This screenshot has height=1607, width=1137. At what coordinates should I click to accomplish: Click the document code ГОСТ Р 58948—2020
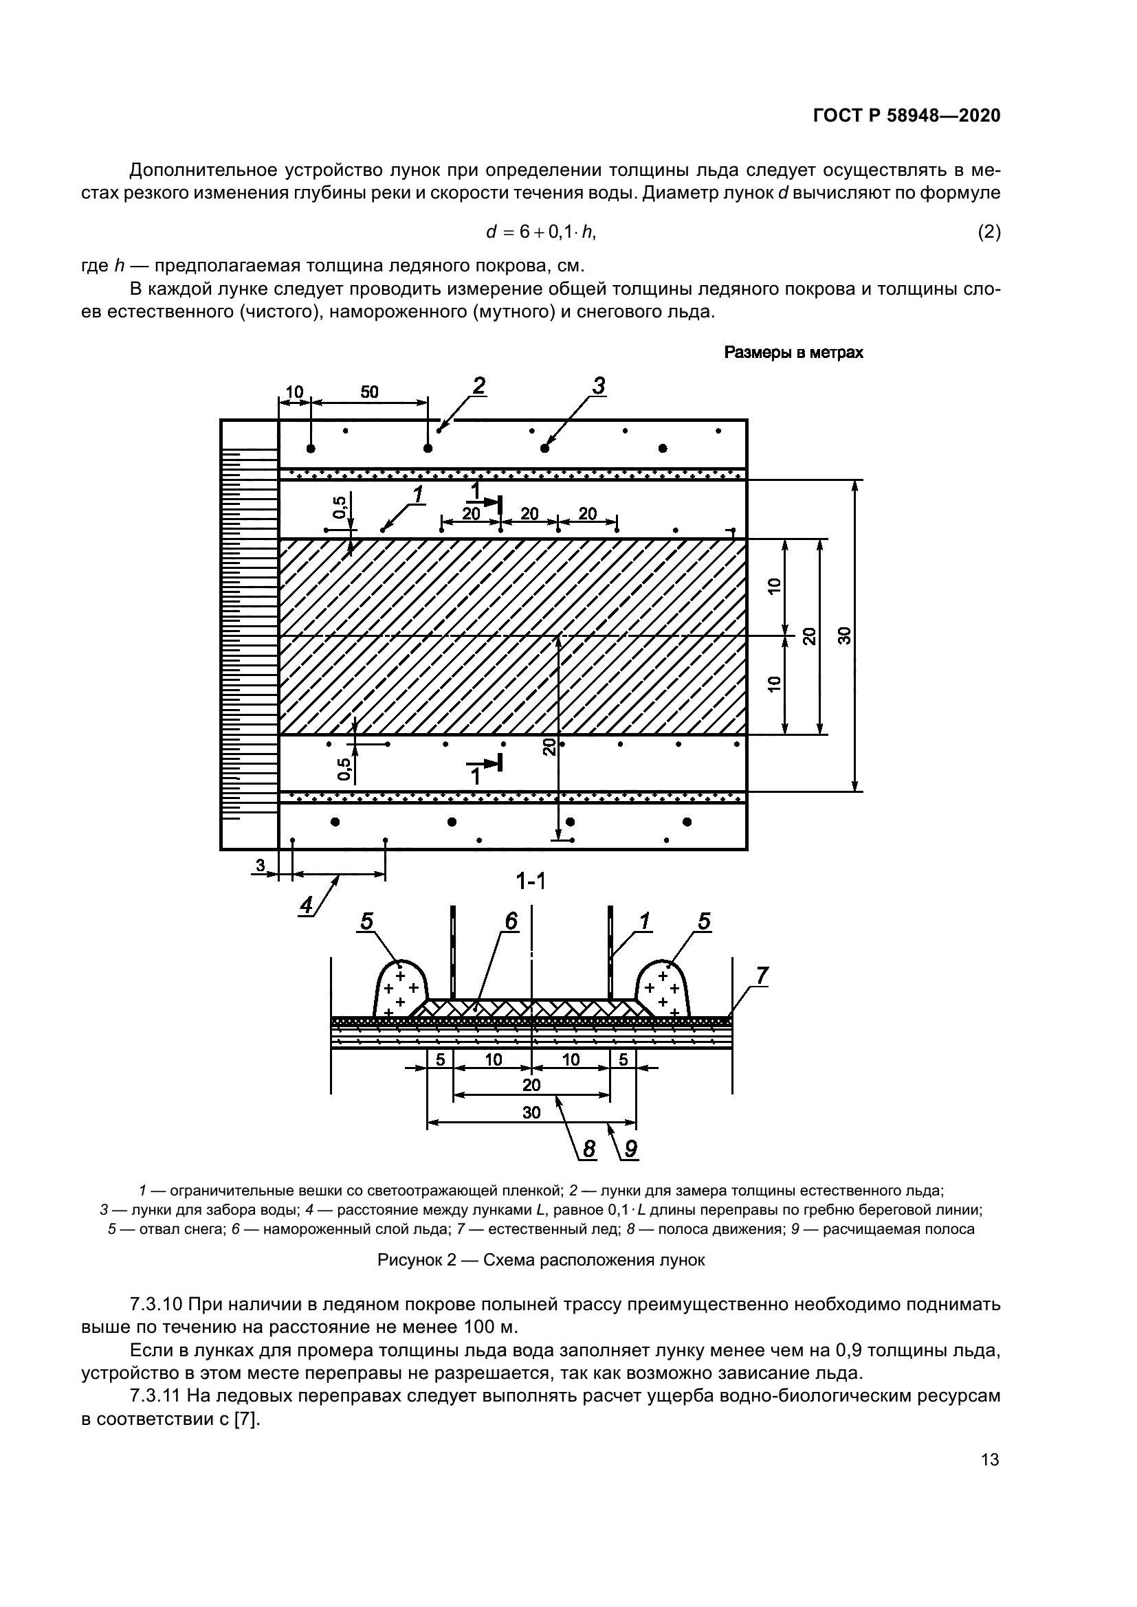pyautogui.click(x=906, y=116)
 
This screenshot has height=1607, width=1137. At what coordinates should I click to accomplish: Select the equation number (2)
pyautogui.click(x=989, y=232)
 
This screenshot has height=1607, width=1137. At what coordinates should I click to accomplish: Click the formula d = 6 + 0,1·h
pyautogui.click(x=540, y=232)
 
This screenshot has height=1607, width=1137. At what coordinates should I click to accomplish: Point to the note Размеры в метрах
pyautogui.click(x=793, y=352)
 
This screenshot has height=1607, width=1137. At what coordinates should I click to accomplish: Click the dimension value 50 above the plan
pyautogui.click(x=369, y=392)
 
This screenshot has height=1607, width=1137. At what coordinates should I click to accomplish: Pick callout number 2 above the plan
pyautogui.click(x=478, y=385)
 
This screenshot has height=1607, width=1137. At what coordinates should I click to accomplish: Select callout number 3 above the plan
pyautogui.click(x=598, y=385)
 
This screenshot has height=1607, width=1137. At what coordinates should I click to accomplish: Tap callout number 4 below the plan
pyautogui.click(x=306, y=906)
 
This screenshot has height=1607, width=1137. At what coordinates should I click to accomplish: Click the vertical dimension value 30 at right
pyautogui.click(x=845, y=636)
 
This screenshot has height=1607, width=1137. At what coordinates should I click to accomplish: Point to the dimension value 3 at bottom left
pyautogui.click(x=260, y=866)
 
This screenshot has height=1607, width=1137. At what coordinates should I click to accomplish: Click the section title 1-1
pyautogui.click(x=531, y=882)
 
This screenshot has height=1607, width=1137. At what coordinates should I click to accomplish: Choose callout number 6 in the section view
pyautogui.click(x=510, y=922)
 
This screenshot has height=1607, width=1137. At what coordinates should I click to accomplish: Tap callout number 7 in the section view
pyautogui.click(x=762, y=975)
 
